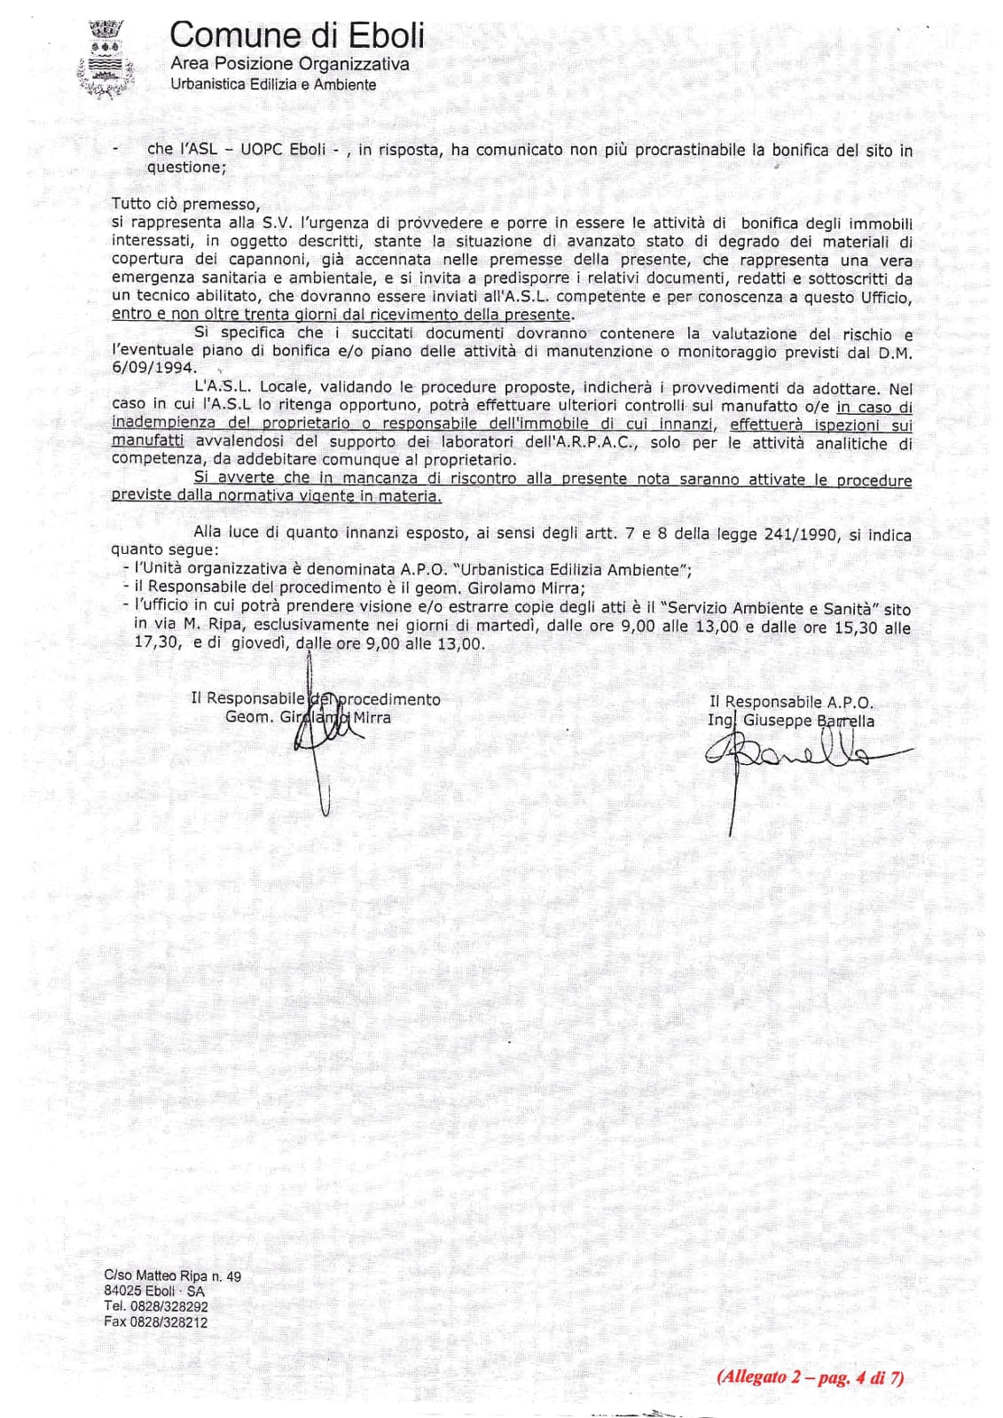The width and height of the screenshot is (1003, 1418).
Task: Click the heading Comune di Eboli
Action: tap(296, 35)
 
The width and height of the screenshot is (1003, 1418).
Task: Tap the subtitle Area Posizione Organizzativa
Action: tap(289, 64)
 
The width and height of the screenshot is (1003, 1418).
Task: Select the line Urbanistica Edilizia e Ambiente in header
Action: tap(272, 85)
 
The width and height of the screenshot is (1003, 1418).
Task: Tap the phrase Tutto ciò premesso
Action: tap(186, 204)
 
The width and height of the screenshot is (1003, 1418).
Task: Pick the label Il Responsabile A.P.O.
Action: tap(791, 702)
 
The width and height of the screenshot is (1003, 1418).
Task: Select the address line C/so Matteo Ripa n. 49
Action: tap(172, 1276)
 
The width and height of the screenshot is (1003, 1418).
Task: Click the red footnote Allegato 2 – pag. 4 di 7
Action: tap(810, 1377)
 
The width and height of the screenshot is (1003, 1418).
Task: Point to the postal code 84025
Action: tap(121, 1291)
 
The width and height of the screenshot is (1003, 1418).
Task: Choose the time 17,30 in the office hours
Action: tap(153, 644)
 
